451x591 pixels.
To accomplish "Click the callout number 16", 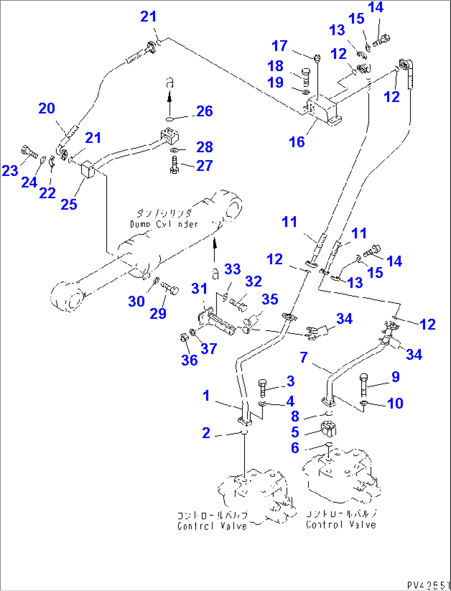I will [x=297, y=142].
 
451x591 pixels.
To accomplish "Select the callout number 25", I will [x=69, y=204].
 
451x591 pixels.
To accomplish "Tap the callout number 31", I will [x=199, y=288].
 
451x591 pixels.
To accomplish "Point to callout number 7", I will [x=304, y=357].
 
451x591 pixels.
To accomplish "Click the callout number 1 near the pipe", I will [x=206, y=396].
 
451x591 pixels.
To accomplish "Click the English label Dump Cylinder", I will [x=164, y=224].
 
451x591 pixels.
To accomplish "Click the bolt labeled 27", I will [x=174, y=166].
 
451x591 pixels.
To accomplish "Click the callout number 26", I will [x=204, y=111].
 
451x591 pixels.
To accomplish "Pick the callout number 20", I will [x=46, y=108].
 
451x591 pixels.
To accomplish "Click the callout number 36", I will [x=189, y=360].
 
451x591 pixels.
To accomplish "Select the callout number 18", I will [x=276, y=66].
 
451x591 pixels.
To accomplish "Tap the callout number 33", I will [x=232, y=269].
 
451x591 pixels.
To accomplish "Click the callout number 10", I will [x=395, y=403].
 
